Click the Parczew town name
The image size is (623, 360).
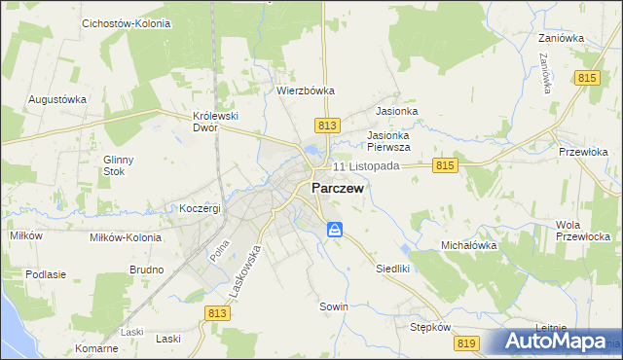338,190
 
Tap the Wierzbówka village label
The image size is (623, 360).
306,90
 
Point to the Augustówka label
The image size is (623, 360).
57,99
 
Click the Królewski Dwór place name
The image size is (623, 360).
216,121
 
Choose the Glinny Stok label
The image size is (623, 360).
119,165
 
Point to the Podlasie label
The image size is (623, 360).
46,274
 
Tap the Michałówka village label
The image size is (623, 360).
469,246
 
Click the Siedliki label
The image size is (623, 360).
394,268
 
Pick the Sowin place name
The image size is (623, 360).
334,306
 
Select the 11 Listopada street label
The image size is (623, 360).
366,166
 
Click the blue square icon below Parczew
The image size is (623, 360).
334,230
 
